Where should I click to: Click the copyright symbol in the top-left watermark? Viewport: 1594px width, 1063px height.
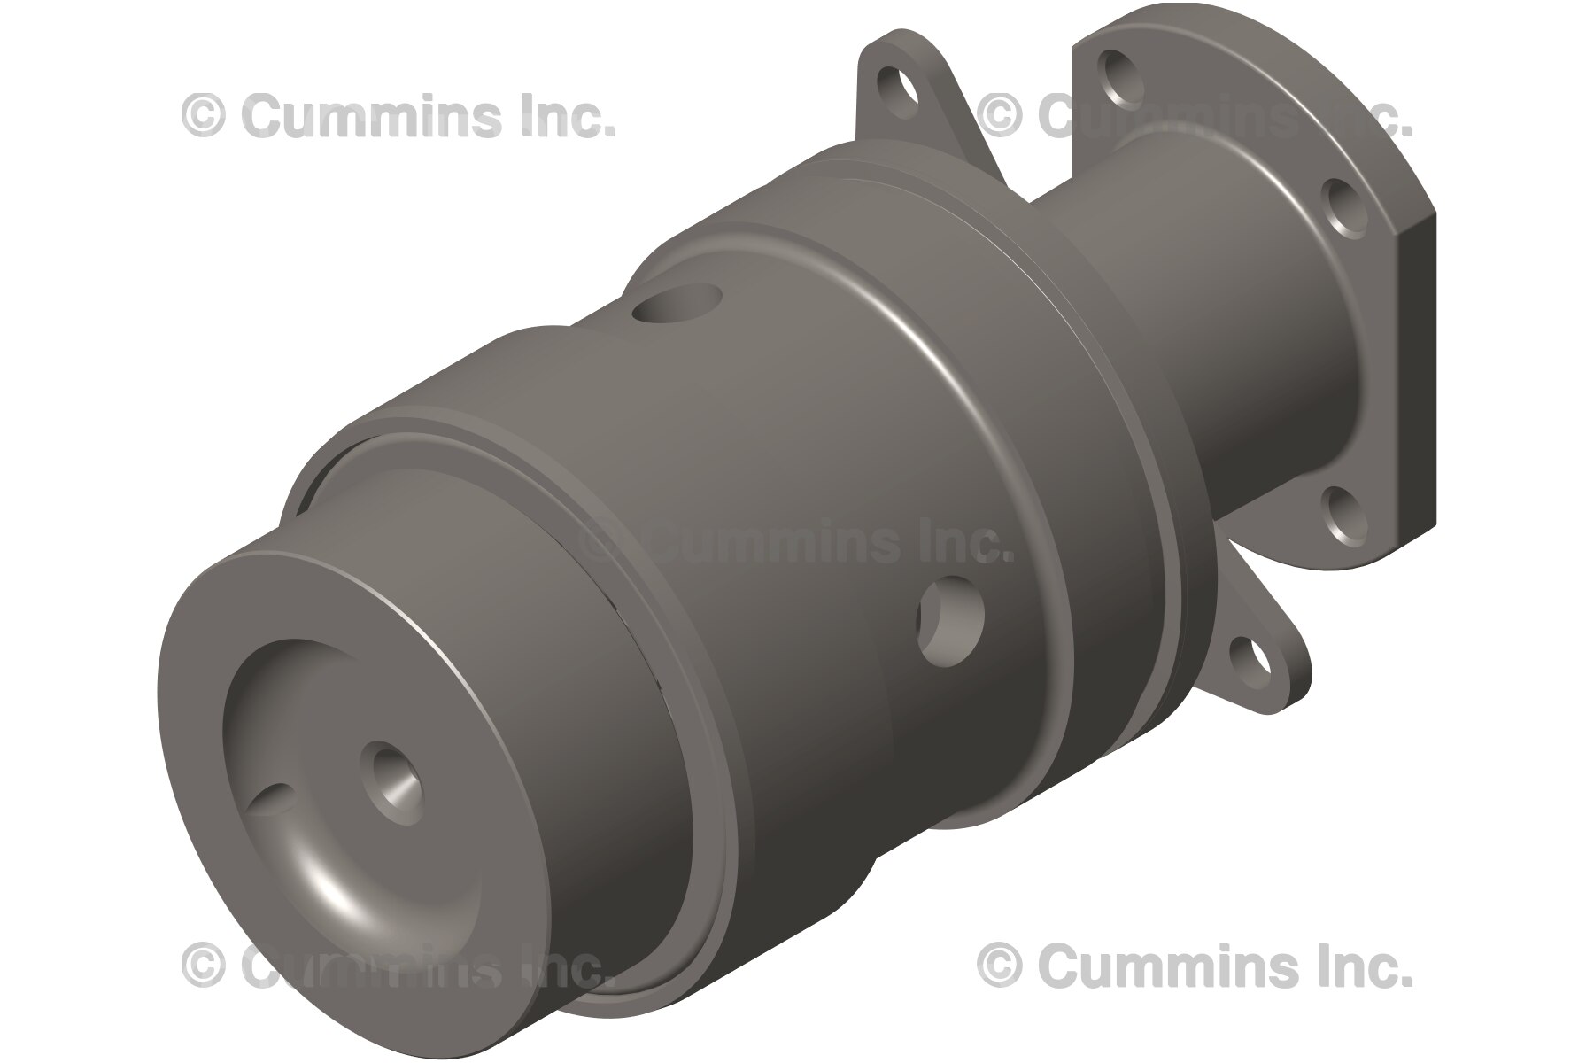pos(203,116)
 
